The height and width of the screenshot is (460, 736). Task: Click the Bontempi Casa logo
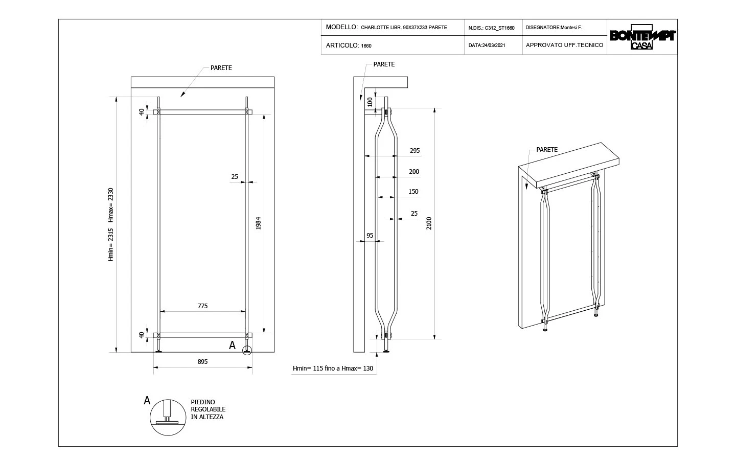click(x=642, y=37)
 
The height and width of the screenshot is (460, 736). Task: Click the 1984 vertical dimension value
click(x=259, y=223)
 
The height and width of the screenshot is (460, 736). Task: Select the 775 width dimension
click(x=202, y=306)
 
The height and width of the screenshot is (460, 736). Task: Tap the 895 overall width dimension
click(x=202, y=362)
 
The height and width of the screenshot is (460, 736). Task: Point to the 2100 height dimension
click(x=429, y=223)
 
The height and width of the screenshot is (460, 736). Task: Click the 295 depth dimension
click(x=415, y=151)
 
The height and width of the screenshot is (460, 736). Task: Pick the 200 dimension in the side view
click(x=414, y=172)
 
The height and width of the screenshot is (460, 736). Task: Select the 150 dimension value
click(x=413, y=192)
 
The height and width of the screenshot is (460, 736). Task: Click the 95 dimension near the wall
click(x=370, y=236)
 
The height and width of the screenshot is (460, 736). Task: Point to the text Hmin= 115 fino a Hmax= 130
click(x=333, y=369)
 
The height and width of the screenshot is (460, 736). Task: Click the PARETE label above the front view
click(x=221, y=68)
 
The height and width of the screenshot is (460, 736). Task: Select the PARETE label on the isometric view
click(x=547, y=150)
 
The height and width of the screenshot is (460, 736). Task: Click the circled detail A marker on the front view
click(x=247, y=351)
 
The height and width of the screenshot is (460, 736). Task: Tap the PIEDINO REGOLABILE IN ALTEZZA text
click(x=208, y=410)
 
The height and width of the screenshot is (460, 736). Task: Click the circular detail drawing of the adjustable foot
click(x=167, y=417)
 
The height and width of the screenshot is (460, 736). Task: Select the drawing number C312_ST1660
click(x=499, y=28)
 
